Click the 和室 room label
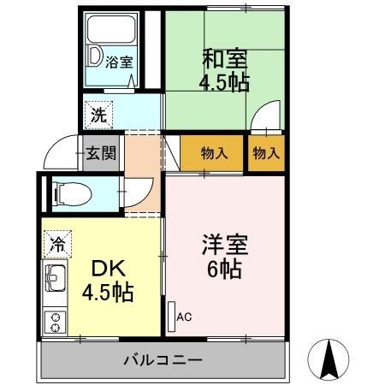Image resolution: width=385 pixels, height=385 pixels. (224, 59)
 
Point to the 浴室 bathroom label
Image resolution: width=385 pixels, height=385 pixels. (118, 62)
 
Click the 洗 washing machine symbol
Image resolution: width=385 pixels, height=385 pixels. (98, 111)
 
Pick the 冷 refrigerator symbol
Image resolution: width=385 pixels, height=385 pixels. (56, 243)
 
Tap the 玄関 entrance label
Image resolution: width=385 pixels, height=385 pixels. (101, 154)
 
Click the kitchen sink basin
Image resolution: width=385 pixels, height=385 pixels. (56, 278)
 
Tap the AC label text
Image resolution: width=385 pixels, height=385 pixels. (185, 317)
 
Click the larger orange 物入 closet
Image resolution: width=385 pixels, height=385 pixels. (213, 153)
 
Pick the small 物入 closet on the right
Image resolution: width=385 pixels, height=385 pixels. (266, 153)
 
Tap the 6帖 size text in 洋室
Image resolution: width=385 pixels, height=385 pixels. (225, 269)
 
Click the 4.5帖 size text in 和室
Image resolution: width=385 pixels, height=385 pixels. (224, 84)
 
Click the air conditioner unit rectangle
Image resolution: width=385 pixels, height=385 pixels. (171, 314)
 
